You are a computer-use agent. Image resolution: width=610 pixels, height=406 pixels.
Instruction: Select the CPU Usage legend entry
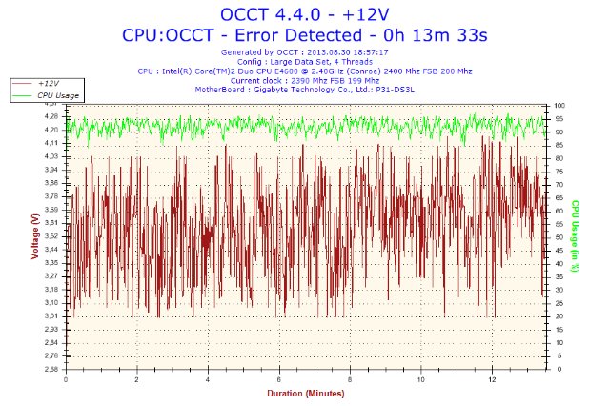pos(58,95)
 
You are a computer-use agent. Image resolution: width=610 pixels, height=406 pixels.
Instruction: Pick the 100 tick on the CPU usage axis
pos(561,104)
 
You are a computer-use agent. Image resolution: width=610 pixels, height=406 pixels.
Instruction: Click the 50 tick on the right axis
pos(559,236)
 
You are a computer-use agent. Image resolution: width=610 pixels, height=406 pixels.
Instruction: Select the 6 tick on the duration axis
pos(279,378)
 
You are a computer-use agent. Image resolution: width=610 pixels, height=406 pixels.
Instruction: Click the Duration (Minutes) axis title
pos(304,392)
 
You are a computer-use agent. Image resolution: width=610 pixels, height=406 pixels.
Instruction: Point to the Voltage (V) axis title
pos(35,236)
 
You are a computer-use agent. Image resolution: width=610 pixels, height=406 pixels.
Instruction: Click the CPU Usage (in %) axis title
pos(576,236)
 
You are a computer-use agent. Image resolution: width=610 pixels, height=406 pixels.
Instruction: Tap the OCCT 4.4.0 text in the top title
pos(270,14)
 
